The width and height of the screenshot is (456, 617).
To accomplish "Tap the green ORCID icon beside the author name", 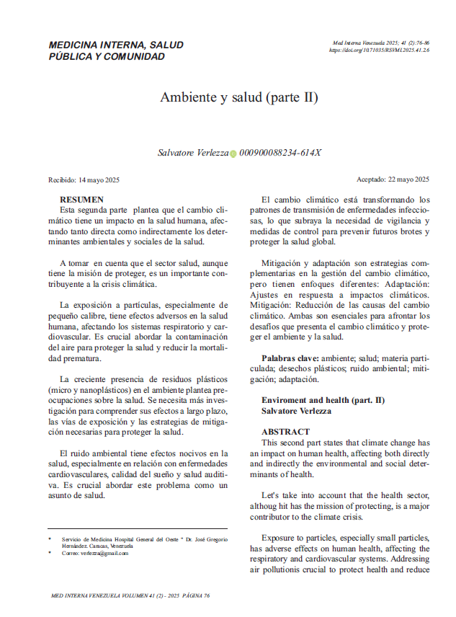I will [x=233, y=154].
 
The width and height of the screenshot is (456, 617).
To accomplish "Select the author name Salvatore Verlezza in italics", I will [x=193, y=153].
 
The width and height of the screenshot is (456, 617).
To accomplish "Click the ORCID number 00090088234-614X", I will [x=280, y=153].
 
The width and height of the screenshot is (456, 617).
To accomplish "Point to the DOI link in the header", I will [x=379, y=50].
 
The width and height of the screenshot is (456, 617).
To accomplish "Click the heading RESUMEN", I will [x=81, y=199].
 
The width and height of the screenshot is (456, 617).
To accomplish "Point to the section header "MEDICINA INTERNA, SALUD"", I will [x=115, y=45].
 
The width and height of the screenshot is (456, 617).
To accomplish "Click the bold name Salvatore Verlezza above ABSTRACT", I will [x=296, y=410].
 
